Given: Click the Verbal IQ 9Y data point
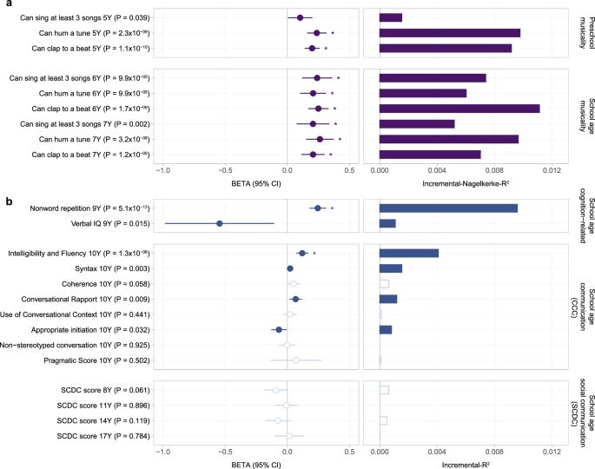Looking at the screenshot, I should [220, 223].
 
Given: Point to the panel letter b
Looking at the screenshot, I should [7, 201].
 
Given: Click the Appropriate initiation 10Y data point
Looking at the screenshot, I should [279, 330].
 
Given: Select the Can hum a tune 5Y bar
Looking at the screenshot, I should [450, 33].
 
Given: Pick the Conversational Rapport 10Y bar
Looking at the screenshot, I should [388, 299].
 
